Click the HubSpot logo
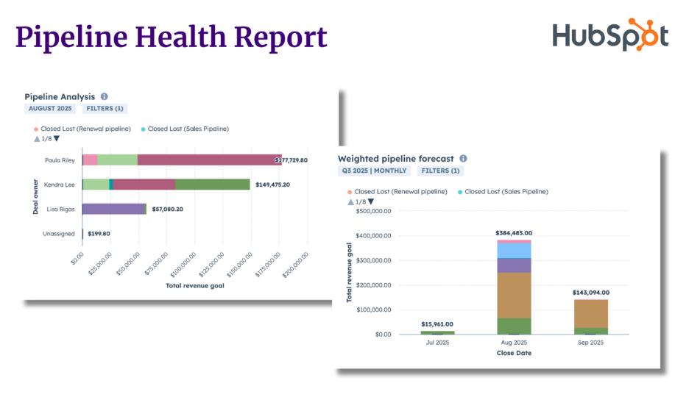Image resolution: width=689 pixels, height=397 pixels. tap(610, 35)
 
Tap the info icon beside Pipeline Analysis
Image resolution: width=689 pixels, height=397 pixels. tap(104, 96)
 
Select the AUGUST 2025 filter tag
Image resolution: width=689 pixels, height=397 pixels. tap(51, 109)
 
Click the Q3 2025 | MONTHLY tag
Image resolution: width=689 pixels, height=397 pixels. tap(374, 171)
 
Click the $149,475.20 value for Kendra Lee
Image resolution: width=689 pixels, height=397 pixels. tap(272, 185)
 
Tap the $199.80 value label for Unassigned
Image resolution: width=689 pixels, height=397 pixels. tap(99, 234)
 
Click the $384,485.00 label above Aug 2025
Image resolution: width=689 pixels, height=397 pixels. tap(514, 233)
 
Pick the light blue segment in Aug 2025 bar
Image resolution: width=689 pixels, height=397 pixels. tap(514, 250)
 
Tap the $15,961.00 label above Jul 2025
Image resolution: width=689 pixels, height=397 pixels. tap(437, 324)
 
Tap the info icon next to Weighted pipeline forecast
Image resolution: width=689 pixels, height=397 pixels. tap(463, 158)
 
